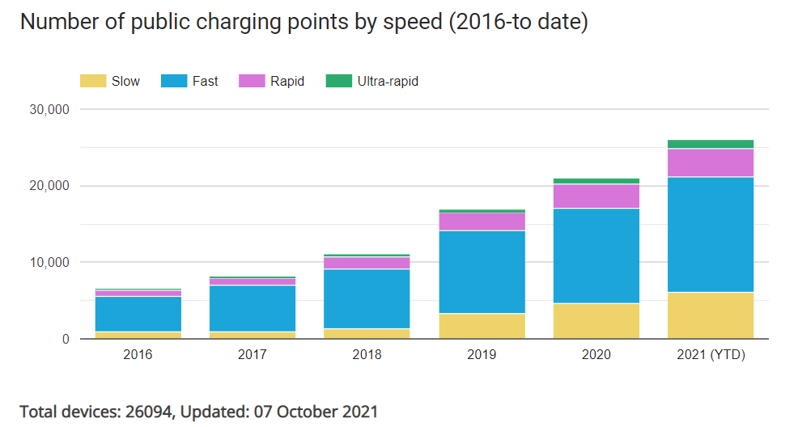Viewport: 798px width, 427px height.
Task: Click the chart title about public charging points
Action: (x=303, y=23)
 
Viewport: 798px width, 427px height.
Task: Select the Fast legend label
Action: (x=205, y=81)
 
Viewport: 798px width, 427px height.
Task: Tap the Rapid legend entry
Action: (x=287, y=81)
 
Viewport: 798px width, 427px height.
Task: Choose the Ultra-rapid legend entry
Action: (x=387, y=81)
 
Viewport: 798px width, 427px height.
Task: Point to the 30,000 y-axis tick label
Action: (x=48, y=109)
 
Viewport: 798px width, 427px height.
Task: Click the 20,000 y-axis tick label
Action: (x=48, y=186)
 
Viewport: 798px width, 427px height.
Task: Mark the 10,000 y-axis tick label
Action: (x=48, y=263)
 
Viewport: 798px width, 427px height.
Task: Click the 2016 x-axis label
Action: (x=138, y=355)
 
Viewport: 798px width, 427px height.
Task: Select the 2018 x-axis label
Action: (x=367, y=355)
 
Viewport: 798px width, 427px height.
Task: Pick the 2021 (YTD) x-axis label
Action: (x=711, y=355)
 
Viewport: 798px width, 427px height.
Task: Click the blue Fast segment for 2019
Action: (x=482, y=272)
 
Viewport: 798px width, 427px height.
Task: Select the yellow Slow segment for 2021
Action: (x=711, y=315)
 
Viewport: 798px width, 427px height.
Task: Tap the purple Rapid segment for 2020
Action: (x=596, y=197)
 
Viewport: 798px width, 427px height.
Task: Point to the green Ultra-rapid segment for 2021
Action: (x=711, y=144)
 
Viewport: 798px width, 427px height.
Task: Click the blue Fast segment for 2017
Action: (x=253, y=308)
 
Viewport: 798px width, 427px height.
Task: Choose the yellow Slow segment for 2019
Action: (x=482, y=326)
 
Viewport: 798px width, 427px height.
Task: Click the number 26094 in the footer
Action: (x=150, y=411)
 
